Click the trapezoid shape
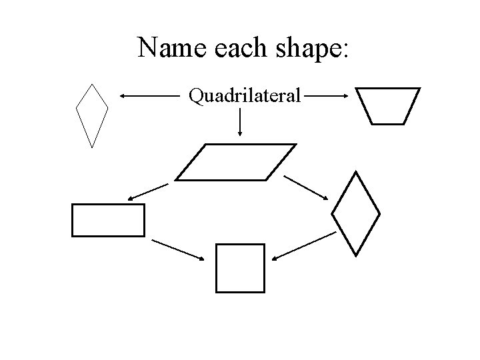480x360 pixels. coord(387,106)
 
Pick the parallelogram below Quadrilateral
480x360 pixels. coord(235,162)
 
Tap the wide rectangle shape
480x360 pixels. coord(108,220)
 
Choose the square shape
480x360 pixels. coord(240,268)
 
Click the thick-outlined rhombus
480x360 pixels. coord(355,213)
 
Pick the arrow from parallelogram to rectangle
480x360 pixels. coord(148,191)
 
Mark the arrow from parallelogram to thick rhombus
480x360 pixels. coord(307,187)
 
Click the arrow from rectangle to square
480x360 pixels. coord(179,249)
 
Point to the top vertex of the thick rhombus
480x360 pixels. coord(357,172)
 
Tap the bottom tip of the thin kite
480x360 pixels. coord(91,146)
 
